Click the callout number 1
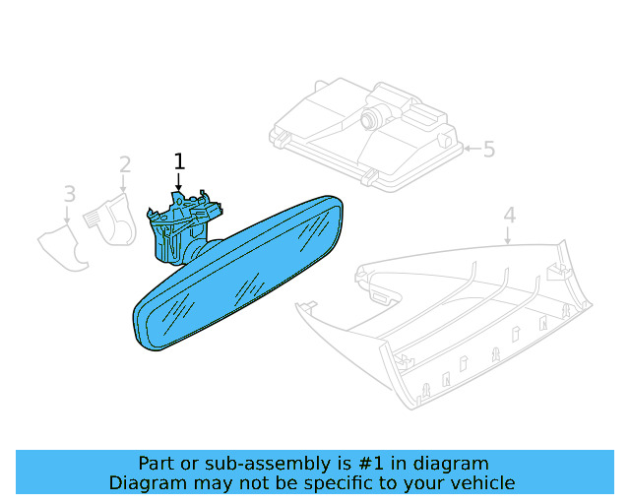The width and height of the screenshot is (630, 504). (x=179, y=161)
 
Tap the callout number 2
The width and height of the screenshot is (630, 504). (x=125, y=164)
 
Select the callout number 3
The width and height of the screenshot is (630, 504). (x=70, y=194)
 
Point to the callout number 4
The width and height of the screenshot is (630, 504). (x=510, y=215)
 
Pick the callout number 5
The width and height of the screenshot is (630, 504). (x=489, y=149)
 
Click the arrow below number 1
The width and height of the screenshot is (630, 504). (x=179, y=182)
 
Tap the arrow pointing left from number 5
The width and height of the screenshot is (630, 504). (x=472, y=149)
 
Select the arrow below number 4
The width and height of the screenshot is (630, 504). (x=508, y=235)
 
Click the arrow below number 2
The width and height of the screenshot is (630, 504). (x=123, y=184)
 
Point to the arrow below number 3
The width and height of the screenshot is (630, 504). (x=67, y=215)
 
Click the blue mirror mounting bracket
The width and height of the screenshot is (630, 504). (x=183, y=228)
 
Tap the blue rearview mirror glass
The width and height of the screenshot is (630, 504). (x=238, y=274)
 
